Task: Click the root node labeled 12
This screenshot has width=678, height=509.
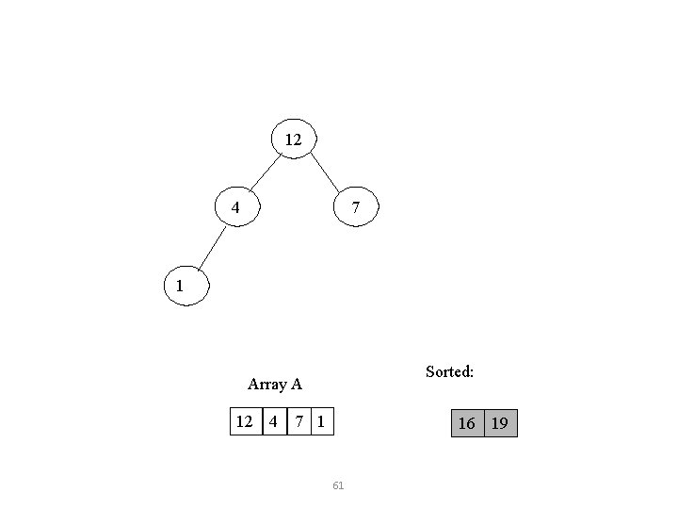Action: tap(293, 140)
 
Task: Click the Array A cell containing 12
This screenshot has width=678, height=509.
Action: tap(245, 422)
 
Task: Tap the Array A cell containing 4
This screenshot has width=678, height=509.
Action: tap(273, 422)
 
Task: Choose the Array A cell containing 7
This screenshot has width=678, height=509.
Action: tap(299, 422)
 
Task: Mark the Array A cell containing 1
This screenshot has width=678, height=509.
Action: tap(321, 422)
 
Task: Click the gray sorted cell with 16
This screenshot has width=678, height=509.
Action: tap(466, 423)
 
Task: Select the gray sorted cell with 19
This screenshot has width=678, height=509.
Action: tap(500, 423)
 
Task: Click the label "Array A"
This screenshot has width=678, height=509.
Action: tap(274, 384)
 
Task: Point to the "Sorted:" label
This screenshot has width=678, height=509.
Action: tap(449, 371)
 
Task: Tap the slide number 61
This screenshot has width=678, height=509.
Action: tap(339, 485)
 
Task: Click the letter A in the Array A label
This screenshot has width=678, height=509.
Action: tap(296, 384)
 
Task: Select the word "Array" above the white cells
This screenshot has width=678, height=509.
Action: tap(266, 384)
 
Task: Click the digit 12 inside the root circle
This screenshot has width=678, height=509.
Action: tap(293, 140)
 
